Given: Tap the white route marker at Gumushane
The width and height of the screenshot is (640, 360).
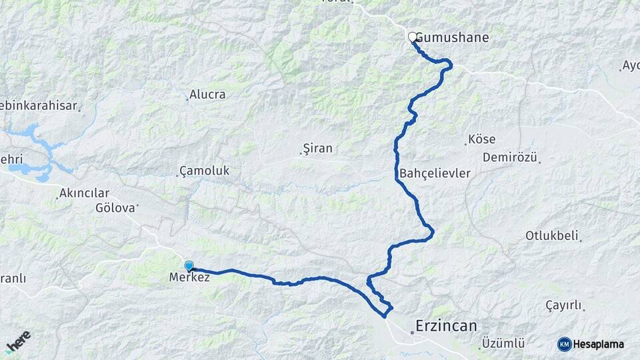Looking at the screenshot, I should click(x=413, y=37).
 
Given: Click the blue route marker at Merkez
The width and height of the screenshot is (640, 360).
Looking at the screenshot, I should click(x=189, y=265).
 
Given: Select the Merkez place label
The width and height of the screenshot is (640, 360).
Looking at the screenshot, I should click(x=190, y=277).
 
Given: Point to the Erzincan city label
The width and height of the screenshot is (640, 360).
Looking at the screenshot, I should click(x=446, y=326).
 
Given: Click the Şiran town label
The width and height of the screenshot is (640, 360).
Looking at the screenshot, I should click(x=317, y=148).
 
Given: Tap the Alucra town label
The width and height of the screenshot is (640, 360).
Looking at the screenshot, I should click(x=207, y=95).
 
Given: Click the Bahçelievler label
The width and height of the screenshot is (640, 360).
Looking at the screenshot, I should click(x=435, y=173).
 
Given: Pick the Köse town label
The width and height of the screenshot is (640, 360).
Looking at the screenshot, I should click(x=481, y=140).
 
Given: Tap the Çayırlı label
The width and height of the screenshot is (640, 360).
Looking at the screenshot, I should click(x=563, y=305).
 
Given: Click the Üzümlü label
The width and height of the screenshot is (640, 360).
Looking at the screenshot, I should click(x=503, y=343).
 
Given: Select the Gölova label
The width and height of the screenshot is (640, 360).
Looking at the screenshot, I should click(x=115, y=207).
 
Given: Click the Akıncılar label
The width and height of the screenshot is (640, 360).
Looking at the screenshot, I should click(x=84, y=193).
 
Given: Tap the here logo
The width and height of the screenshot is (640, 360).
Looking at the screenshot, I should click(x=18, y=341).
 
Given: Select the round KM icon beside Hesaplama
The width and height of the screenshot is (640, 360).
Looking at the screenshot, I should click(x=565, y=344).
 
